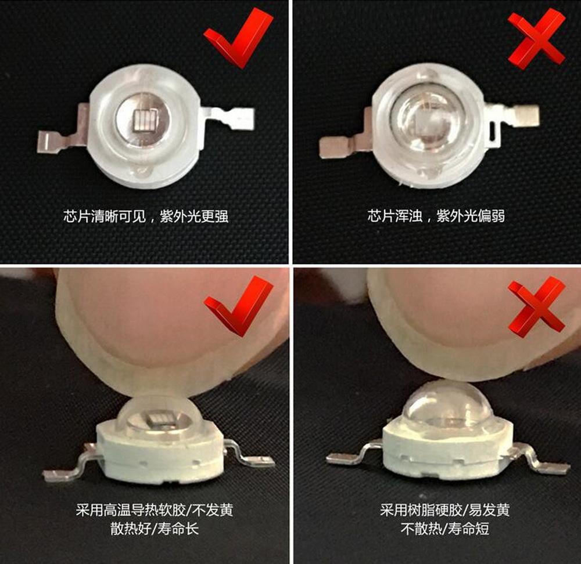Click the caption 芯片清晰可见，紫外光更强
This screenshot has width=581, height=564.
tap(146, 216)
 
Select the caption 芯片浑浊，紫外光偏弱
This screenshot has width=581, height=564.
tap(436, 215)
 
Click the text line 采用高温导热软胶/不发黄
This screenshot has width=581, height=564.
tap(154, 510)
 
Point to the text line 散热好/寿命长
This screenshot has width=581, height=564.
tap(154, 529)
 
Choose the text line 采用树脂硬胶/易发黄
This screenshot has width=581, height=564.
tap(444, 510)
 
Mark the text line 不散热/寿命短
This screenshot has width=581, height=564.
tap(444, 529)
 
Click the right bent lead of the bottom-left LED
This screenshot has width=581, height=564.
tap(248, 454)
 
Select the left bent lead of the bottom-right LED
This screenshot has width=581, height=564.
tap(352, 451)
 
